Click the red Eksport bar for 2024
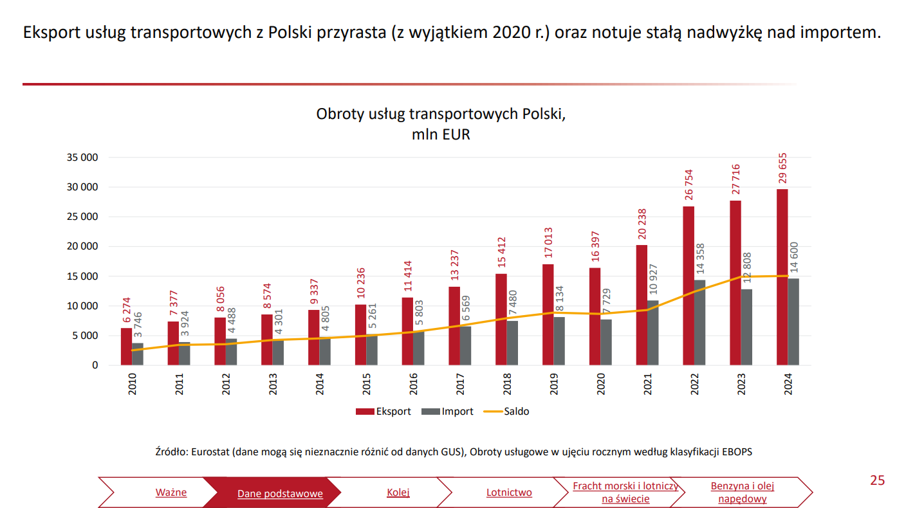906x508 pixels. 782,277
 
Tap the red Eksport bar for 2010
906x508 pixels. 126,347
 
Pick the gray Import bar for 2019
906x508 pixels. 559,341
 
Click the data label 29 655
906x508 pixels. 782,170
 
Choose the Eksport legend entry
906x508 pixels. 384,412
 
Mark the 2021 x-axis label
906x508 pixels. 648,384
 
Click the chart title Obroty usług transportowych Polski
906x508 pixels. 441,114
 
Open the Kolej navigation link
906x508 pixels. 398,493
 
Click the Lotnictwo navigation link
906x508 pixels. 509,493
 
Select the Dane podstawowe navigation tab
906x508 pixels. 280,494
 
